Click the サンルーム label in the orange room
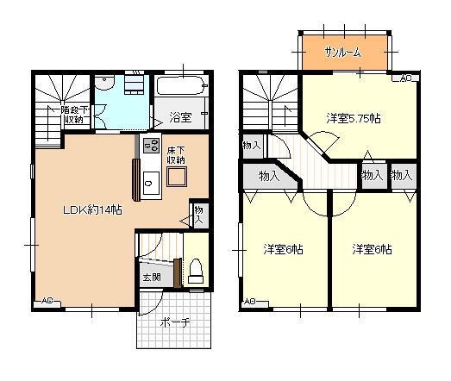tap(342, 53)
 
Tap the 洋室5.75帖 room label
tap(354, 118)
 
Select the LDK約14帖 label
tap(92, 210)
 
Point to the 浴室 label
tap(180, 117)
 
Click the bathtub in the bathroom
tap(182, 85)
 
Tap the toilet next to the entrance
tap(196, 272)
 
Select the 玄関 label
tap(152, 278)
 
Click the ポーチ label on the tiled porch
tap(175, 322)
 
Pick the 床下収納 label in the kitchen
tap(176, 155)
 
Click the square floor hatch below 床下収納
tap(177, 177)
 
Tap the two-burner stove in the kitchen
tap(151, 145)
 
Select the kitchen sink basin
tap(151, 183)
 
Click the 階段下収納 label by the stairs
tap(74, 115)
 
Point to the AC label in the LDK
tap(47, 301)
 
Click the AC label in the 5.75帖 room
tap(405, 78)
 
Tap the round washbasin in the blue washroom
tap(105, 83)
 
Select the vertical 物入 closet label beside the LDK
tap(198, 215)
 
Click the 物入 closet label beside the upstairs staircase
tap(252, 146)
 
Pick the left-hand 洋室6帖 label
tap(284, 250)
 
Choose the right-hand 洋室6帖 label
tap(373, 250)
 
